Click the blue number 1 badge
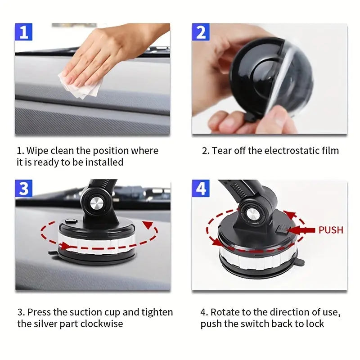point(24,33)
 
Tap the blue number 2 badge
point(201,33)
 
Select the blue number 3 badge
point(24,189)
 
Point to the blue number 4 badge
point(201,189)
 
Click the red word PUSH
point(331,230)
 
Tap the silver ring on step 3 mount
point(97,241)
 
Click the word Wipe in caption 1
point(37,151)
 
